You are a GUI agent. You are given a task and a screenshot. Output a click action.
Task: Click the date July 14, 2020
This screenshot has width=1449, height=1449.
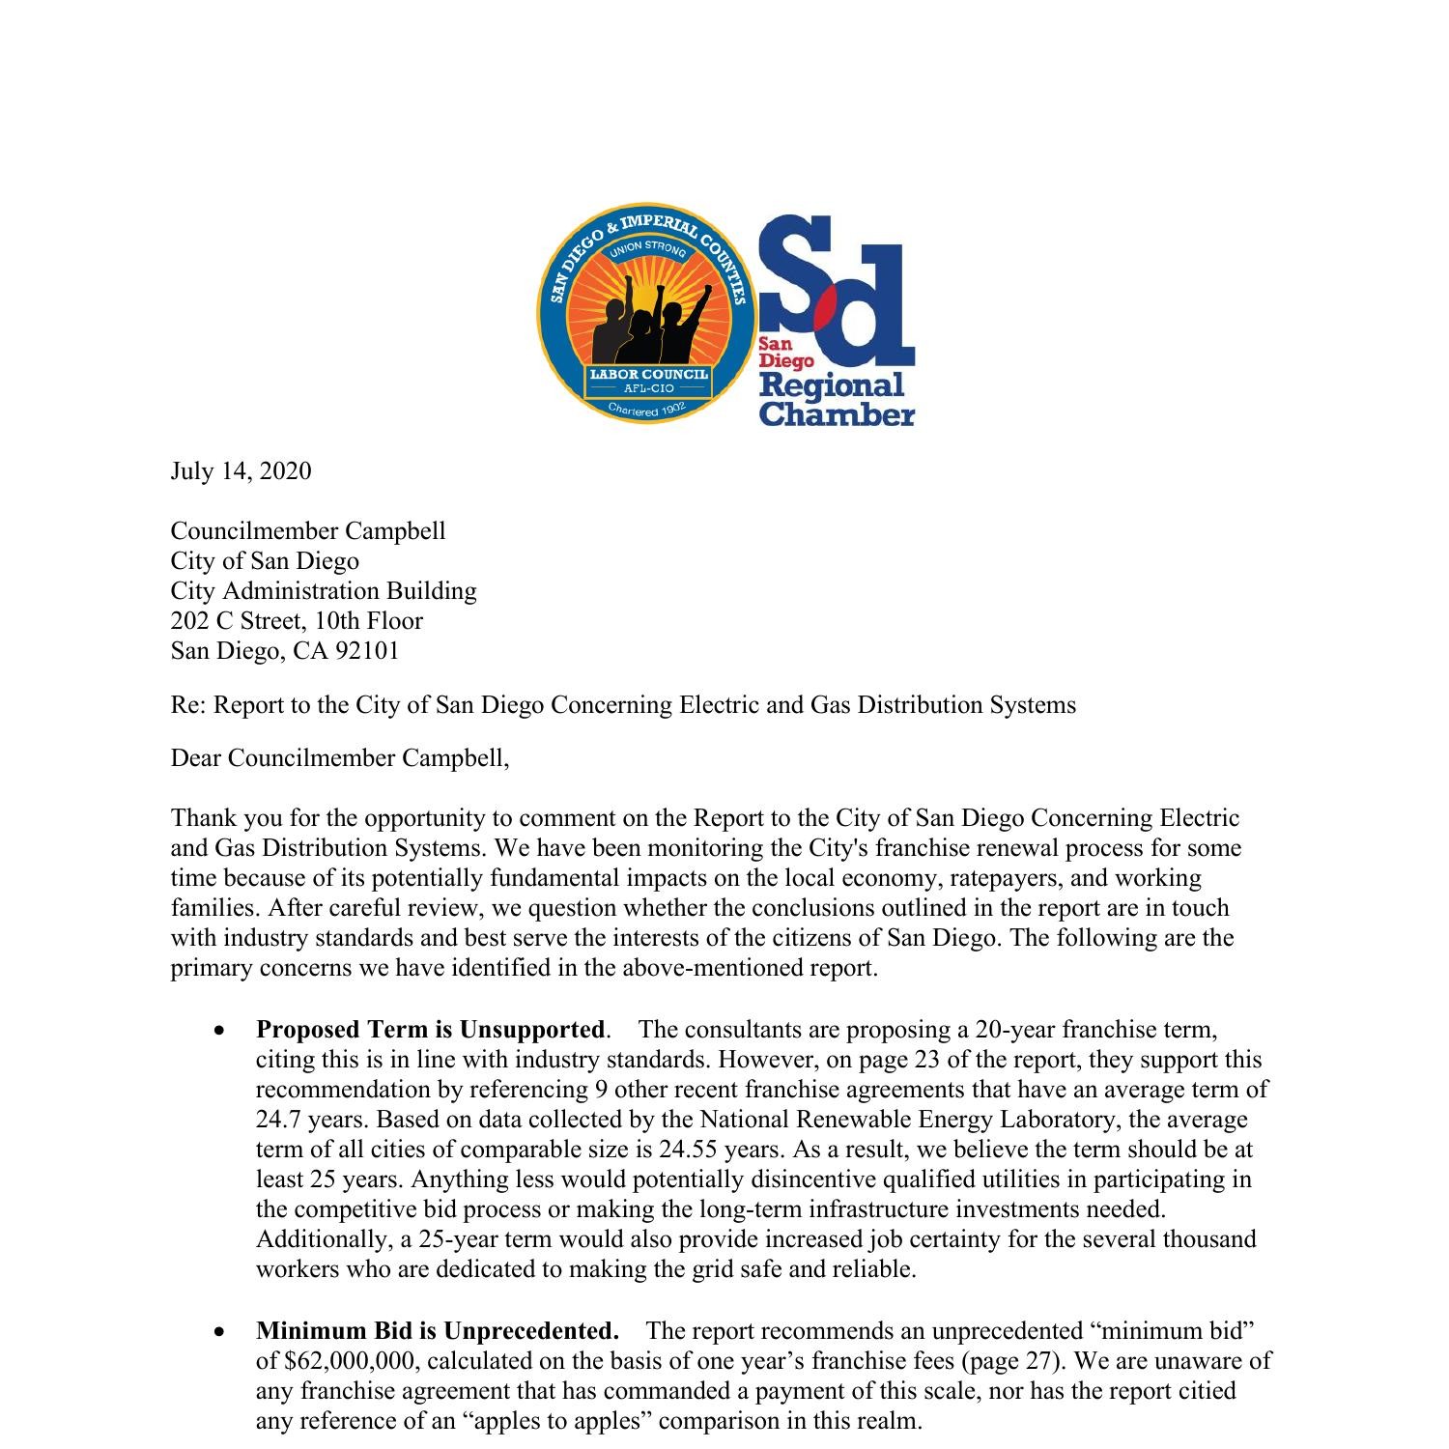point(241,471)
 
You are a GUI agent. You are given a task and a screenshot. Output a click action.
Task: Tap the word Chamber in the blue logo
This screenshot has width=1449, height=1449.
point(837,414)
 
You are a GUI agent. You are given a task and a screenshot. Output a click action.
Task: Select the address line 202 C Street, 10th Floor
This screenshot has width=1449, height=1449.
point(297,621)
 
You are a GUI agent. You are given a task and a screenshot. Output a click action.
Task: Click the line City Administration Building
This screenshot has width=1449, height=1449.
point(324,591)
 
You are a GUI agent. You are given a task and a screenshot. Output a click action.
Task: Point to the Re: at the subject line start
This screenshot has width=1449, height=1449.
point(188,705)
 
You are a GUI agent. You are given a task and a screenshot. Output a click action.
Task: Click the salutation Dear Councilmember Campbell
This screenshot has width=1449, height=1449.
point(339,758)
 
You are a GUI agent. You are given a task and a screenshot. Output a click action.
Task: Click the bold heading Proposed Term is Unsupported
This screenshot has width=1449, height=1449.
point(431,1030)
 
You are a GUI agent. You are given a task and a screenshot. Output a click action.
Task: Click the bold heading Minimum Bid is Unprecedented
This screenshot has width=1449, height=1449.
point(437,1331)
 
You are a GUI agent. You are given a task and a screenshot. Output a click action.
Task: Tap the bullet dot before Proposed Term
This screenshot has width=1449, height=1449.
point(221,1031)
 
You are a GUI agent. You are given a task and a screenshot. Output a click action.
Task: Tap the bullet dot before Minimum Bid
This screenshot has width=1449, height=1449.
point(221,1332)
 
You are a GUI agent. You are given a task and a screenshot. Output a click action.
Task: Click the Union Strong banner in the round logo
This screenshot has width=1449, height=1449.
point(646,250)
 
